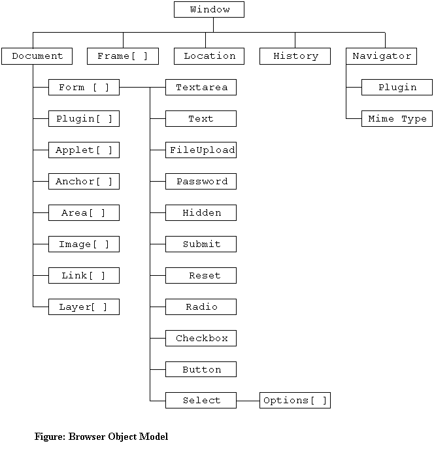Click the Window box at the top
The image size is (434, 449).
[x=209, y=9]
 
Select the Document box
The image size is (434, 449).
[x=37, y=56]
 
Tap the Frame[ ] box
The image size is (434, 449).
[x=122, y=56]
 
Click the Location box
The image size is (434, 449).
[x=209, y=56]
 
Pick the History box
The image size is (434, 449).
[x=295, y=56]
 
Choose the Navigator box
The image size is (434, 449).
[x=382, y=56]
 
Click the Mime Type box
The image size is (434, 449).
[x=397, y=119]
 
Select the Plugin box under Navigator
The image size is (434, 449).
[x=397, y=88]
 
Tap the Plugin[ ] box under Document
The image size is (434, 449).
[x=84, y=119]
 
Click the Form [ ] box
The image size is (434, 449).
[x=84, y=88]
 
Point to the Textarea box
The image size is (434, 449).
[x=201, y=88]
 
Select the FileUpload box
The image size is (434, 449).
[x=201, y=150]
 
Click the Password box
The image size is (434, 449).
[x=201, y=182]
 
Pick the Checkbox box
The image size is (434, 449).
[x=201, y=339]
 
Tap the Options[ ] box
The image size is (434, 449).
[x=295, y=401]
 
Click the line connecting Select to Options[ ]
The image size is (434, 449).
[x=248, y=401]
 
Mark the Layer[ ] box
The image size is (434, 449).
[x=84, y=307]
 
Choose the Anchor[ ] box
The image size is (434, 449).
[x=84, y=182]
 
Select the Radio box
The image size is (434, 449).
[x=201, y=307]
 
